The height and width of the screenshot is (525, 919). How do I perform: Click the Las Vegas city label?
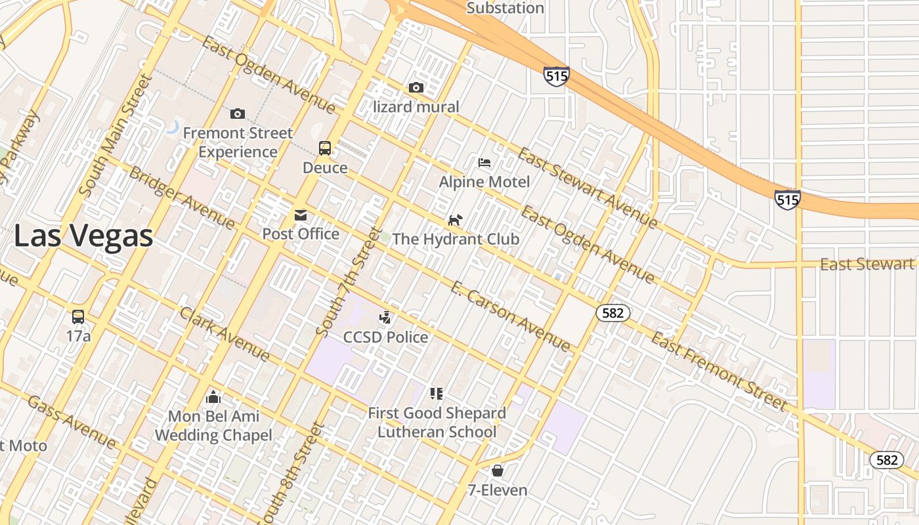click(83, 236)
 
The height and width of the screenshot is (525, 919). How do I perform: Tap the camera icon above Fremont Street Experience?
click(238, 114)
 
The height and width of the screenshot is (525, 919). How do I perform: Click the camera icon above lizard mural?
click(416, 87)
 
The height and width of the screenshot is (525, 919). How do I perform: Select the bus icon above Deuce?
click(325, 148)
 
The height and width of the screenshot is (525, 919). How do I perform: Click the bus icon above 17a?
click(78, 317)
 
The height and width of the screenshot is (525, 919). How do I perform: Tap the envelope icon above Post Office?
click(301, 215)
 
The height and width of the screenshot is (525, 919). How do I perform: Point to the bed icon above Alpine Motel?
click(484, 162)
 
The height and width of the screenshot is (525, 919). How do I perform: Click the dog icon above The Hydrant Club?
click(455, 220)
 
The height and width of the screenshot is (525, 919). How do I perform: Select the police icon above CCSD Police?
click(385, 318)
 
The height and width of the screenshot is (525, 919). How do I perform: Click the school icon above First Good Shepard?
click(437, 394)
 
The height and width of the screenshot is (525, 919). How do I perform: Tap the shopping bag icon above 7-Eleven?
click(498, 471)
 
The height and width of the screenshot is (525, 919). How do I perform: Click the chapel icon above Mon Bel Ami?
click(213, 397)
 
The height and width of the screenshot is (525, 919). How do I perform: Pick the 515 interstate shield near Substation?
click(556, 76)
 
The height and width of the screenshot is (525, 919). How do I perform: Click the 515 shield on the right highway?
click(787, 199)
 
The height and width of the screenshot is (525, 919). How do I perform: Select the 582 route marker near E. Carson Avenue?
click(613, 313)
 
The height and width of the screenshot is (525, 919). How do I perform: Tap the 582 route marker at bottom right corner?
click(886, 460)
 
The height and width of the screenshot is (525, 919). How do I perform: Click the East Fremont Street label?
click(719, 371)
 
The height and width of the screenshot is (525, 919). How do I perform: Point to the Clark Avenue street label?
click(225, 334)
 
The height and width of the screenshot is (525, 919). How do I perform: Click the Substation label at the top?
click(505, 8)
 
